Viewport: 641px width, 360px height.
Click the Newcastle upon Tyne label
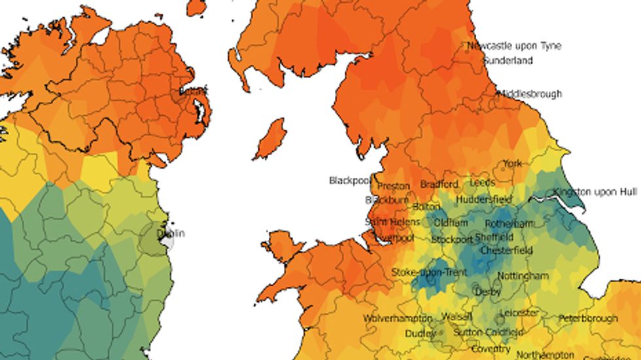click(513, 46)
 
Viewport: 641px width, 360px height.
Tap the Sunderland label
click(508, 61)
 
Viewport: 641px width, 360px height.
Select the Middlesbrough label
click(530, 94)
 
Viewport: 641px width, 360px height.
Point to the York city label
click(512, 164)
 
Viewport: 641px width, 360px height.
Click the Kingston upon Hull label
click(595, 192)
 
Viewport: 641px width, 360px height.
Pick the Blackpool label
click(349, 180)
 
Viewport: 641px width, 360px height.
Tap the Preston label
click(394, 186)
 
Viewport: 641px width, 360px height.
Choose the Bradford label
click(440, 185)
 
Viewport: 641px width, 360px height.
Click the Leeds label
click(483, 183)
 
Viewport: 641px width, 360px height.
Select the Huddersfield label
click(483, 199)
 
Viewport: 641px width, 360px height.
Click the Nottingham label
click(523, 276)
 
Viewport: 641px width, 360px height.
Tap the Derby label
click(488, 292)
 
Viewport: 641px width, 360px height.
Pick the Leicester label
click(519, 314)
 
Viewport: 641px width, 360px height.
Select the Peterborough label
click(587, 319)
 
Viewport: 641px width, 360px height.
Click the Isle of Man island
click(269, 139)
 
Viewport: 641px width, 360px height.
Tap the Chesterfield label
click(506, 251)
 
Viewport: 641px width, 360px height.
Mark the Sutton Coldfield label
click(484, 333)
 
